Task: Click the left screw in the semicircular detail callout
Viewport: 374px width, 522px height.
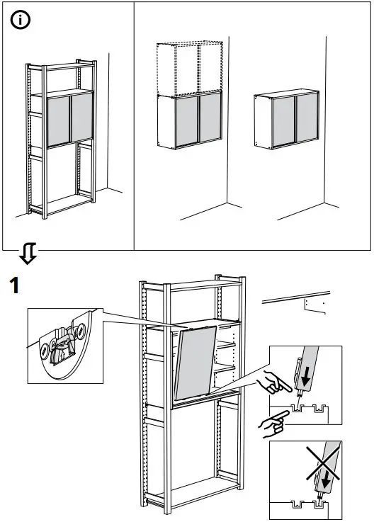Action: (x=50, y=348)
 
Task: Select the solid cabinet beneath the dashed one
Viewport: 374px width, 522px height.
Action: (x=189, y=120)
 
